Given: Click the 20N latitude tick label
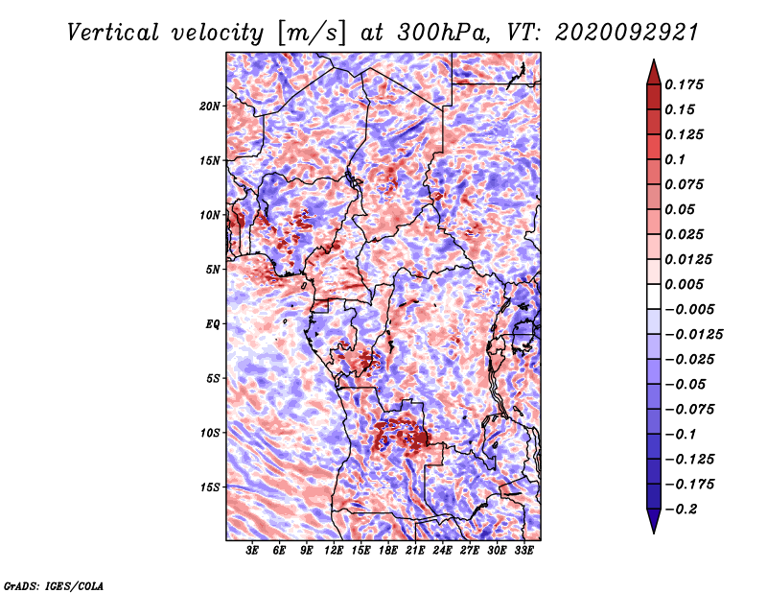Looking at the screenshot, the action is coord(210,107).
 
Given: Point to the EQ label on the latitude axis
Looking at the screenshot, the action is coord(213,324).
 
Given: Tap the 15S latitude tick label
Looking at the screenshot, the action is coord(210,487).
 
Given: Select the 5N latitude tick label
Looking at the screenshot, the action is coord(213,270).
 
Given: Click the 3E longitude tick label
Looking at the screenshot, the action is coord(252,551).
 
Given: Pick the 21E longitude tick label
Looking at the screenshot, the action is coord(415,551).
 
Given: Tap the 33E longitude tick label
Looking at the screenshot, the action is coord(523,551).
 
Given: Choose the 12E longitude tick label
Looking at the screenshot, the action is coord(334,551).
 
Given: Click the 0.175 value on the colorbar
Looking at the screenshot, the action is coord(684,84).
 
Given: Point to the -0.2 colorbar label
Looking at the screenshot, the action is coord(682,510).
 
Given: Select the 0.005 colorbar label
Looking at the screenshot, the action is coord(684,284).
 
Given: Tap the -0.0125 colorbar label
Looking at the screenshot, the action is coord(693,335).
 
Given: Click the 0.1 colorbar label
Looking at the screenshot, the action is coord(675,159).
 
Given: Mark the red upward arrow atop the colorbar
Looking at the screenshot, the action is coord(654,72).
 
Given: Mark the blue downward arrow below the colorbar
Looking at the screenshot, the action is coord(654,521).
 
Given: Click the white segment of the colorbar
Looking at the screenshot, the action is coord(654,296).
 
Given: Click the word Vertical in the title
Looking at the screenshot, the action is coord(112,33).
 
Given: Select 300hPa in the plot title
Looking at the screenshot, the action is coord(442,33).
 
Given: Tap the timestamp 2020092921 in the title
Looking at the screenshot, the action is coord(626,33).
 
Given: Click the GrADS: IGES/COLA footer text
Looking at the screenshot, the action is coord(54,586).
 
